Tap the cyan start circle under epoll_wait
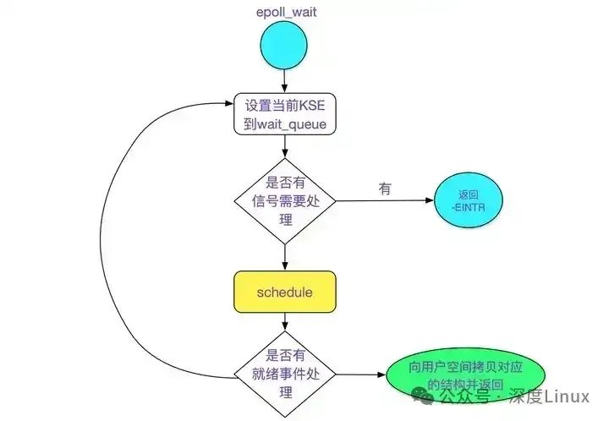pyautogui.click(x=285, y=47)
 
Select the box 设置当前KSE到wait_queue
pyautogui.click(x=285, y=115)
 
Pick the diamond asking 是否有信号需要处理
pyautogui.click(x=285, y=201)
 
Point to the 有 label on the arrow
pyautogui.click(x=385, y=189)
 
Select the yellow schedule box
pyautogui.click(x=285, y=292)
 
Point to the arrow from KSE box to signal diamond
pyautogui.click(x=285, y=147)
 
